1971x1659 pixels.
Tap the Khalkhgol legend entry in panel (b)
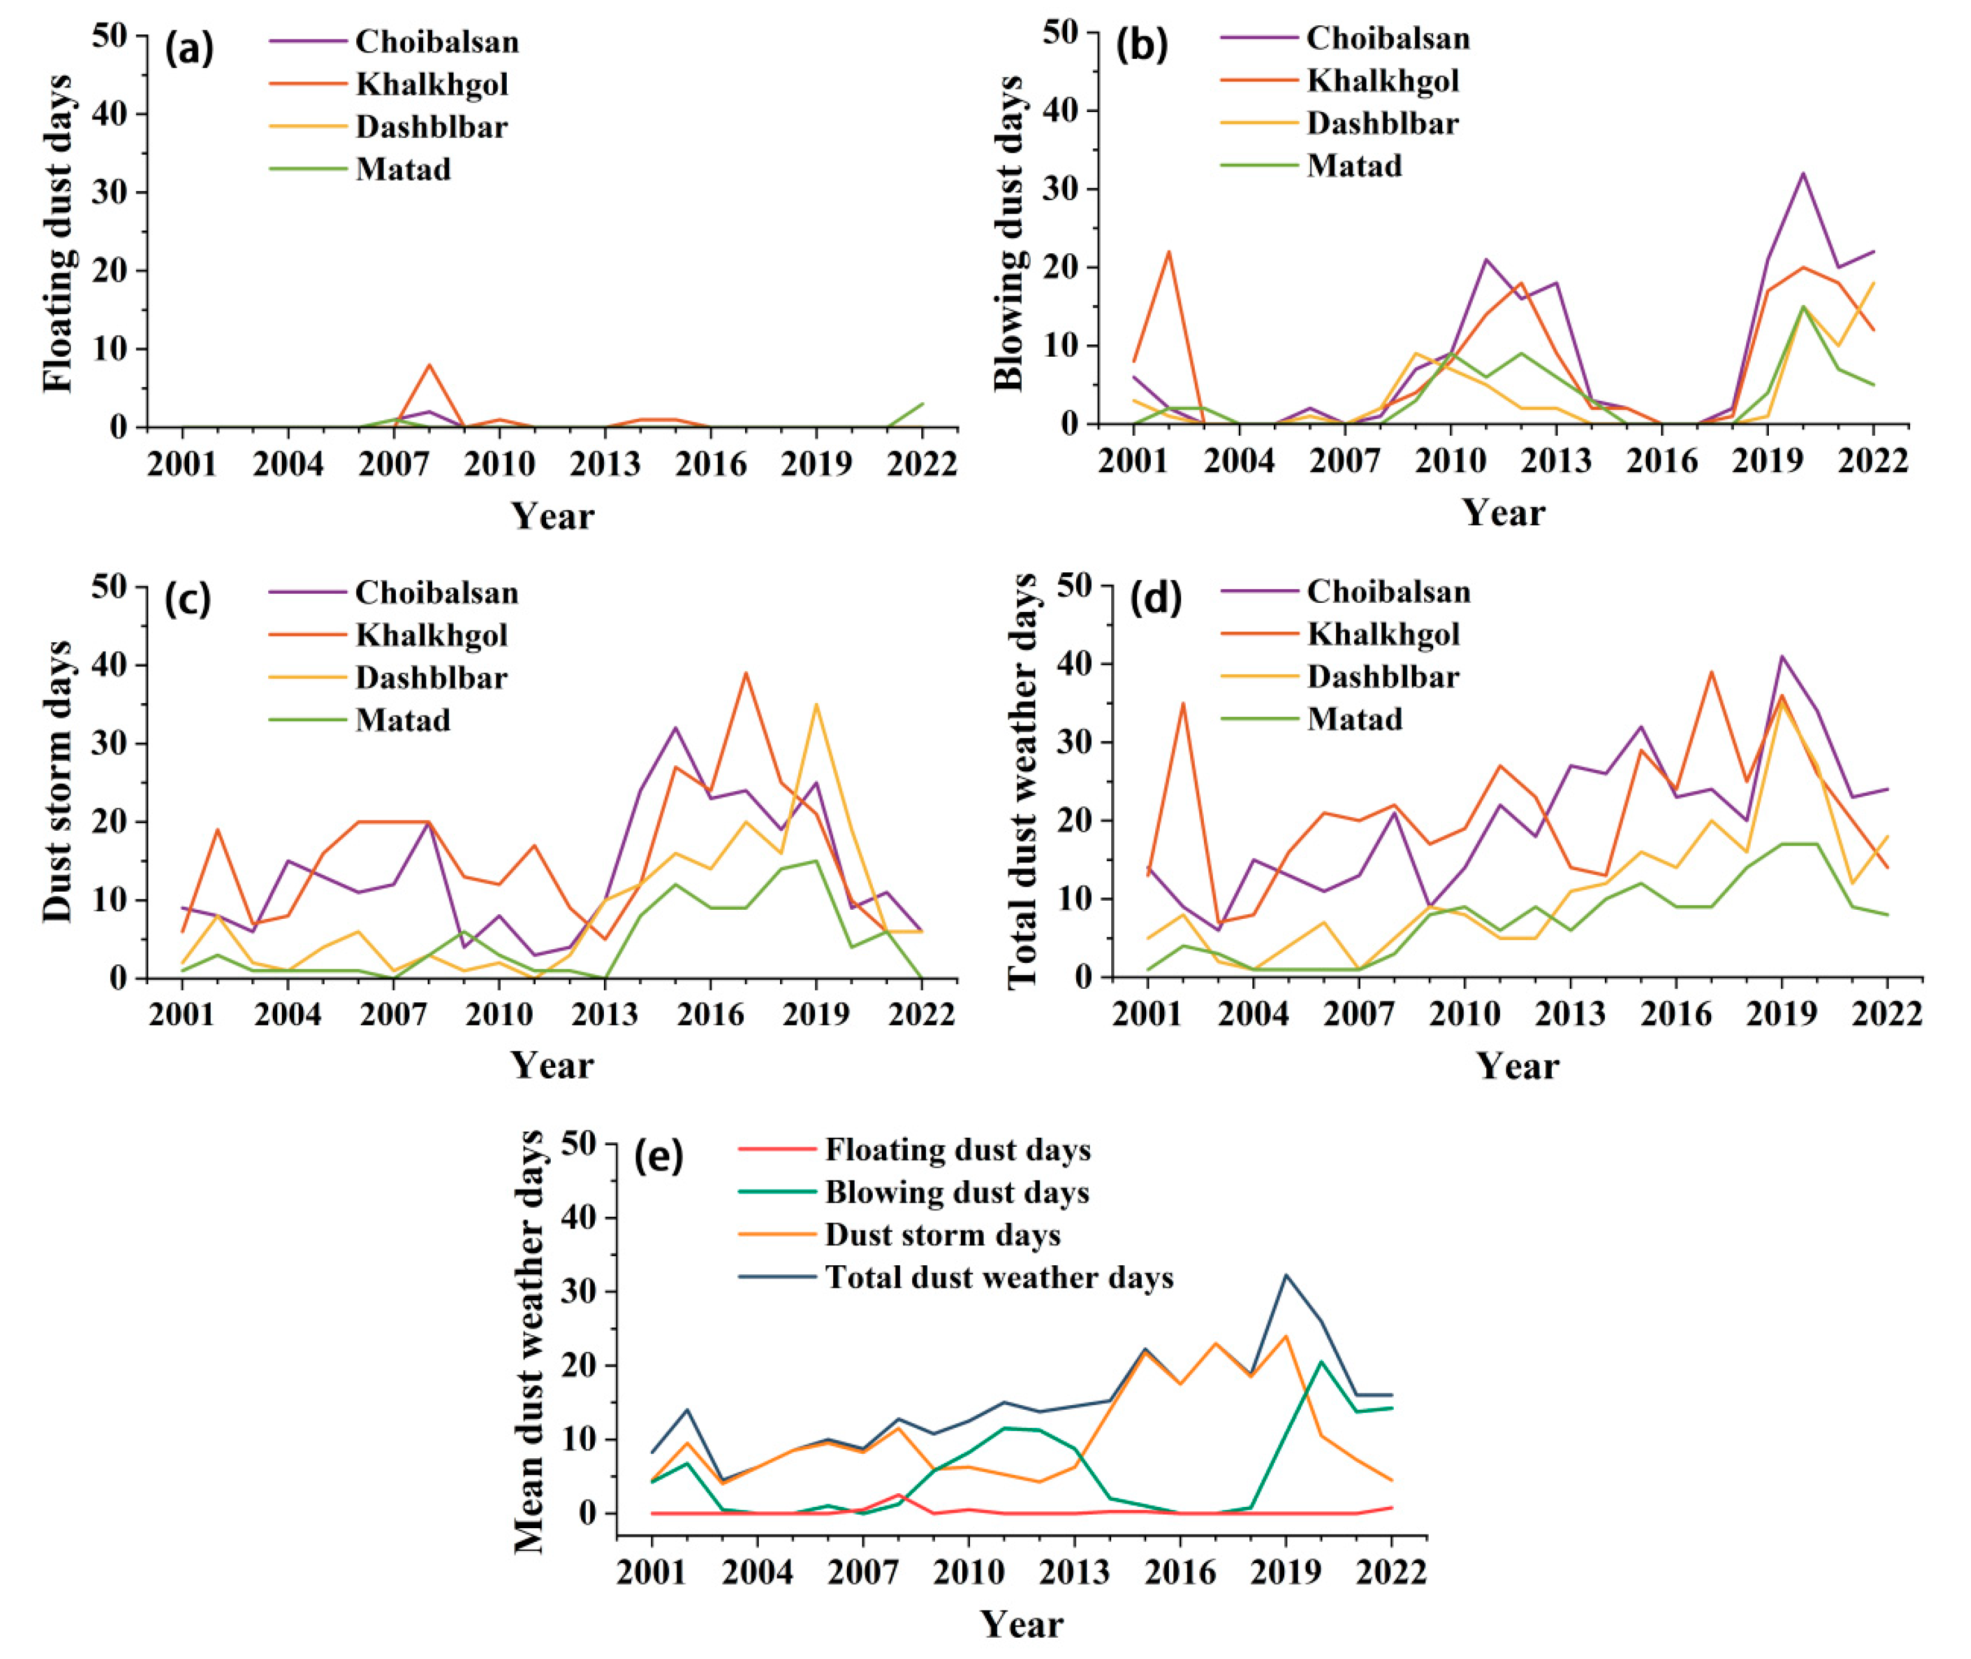[x=1382, y=82]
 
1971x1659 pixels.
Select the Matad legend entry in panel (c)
[x=402, y=721]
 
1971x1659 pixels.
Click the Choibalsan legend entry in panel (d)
[x=1388, y=592]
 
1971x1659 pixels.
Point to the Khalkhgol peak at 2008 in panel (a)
[x=429, y=365]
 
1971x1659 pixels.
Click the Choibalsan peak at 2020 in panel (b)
[x=1803, y=173]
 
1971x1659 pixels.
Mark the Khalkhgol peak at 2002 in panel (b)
[x=1168, y=252]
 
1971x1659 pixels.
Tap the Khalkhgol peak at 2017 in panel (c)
[x=746, y=673]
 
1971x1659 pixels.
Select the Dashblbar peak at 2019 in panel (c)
[x=816, y=705]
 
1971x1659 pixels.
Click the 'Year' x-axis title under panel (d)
[x=1517, y=1066]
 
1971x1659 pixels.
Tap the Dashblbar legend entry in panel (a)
[x=431, y=127]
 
